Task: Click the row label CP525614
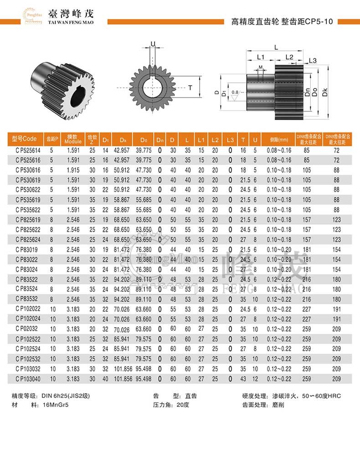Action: coord(28,150)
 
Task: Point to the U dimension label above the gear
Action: coord(153,44)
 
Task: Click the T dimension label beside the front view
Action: coord(190,87)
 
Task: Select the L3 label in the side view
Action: coord(313,61)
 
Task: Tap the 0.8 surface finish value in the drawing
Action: coord(234,92)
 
